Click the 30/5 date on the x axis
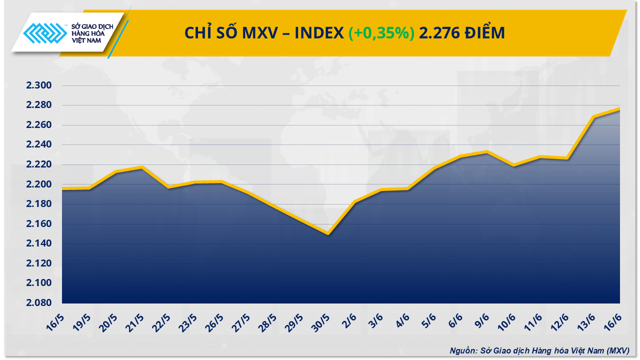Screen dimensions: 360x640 (322, 323)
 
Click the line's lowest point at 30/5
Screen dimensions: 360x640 (328, 233)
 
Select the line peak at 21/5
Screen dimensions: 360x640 (142, 167)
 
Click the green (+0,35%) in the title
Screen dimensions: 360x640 (381, 33)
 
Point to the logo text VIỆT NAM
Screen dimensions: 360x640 (89, 41)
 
